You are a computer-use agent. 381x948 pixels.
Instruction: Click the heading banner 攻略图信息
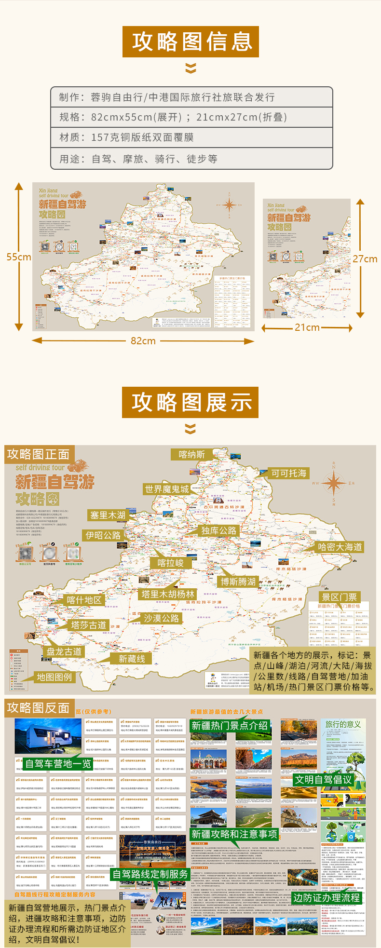pos(190,42)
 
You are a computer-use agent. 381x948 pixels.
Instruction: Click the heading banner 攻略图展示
pos(190,402)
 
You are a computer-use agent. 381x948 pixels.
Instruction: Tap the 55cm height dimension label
pos(18,257)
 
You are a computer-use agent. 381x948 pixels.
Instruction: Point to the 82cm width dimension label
pos(143,341)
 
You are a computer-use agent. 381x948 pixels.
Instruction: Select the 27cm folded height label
pos(365,259)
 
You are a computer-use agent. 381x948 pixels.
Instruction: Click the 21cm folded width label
pos(307,327)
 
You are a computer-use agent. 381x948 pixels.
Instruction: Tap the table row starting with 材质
pos(191,137)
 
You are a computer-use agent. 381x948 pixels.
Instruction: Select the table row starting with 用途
pos(191,159)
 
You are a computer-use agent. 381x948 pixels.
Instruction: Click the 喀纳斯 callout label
pos(191,454)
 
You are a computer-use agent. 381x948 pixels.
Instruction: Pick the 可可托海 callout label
pos(288,473)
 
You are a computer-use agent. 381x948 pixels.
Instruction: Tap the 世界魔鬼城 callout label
pos(167,489)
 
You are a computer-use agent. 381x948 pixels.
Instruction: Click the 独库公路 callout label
pos(219,530)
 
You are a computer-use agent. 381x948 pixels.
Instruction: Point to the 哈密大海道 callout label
pos(340,547)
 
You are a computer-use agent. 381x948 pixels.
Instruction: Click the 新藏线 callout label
pos(132,659)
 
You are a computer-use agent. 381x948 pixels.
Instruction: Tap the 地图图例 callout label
pos(54,677)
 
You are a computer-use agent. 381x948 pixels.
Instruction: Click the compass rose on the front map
pos(333,483)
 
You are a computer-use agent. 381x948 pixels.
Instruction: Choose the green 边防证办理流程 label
pos(327,897)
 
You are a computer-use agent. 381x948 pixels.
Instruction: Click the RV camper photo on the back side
pos(48,736)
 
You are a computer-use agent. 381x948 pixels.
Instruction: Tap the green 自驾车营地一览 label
pos(58,764)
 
